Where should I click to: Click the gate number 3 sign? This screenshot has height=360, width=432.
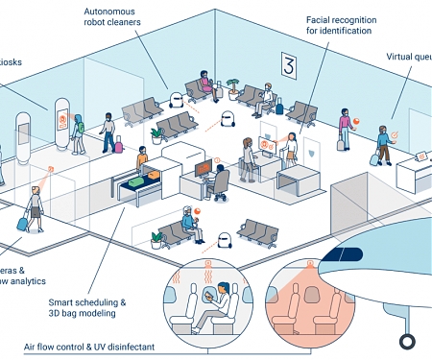(x=287, y=65)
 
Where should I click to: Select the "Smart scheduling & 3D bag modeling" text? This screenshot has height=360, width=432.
(x=86, y=307)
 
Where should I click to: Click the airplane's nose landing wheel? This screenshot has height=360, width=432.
(x=407, y=339)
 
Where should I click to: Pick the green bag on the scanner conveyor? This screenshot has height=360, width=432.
(x=140, y=179)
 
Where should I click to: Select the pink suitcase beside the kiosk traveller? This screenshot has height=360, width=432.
(x=119, y=147)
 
